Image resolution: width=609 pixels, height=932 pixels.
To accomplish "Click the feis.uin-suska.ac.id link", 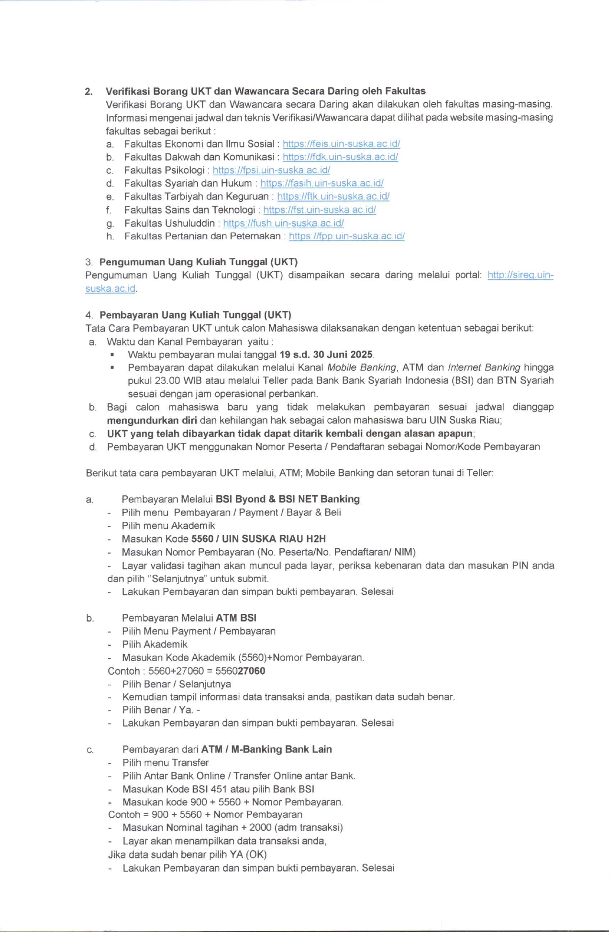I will [341, 144].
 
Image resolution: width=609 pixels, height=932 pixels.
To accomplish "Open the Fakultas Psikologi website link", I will [271, 170].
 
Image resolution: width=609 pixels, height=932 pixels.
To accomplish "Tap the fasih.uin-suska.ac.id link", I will [321, 183].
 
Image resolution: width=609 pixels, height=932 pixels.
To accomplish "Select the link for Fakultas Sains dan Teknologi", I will [319, 210].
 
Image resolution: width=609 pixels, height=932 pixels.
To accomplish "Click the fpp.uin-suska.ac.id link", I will [346, 236].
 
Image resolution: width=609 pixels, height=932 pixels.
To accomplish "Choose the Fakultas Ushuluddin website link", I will [283, 223].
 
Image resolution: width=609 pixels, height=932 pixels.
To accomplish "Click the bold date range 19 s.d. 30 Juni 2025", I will [326, 355].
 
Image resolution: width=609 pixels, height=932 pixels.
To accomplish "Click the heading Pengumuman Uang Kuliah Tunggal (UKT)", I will [199, 262].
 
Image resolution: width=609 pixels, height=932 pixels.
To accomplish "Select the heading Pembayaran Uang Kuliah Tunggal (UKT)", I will [195, 315].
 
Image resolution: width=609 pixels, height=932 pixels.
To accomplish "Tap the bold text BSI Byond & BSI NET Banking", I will [288, 499].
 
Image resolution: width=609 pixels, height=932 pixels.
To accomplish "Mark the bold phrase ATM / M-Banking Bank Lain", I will [266, 749].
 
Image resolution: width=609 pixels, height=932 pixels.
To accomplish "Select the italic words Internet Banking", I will [484, 367].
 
